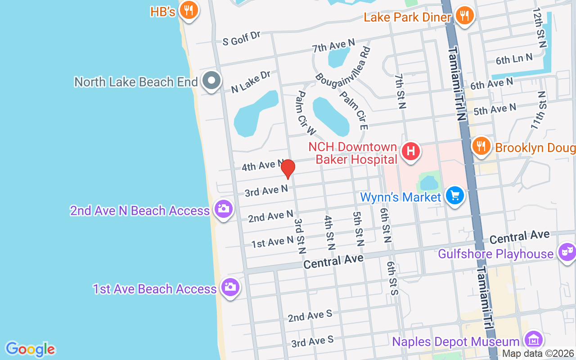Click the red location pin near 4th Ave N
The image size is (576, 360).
(288, 169)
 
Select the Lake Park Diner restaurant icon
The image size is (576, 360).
(464, 16)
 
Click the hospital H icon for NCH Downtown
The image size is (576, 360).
(410, 151)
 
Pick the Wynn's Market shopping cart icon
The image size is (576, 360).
(454, 196)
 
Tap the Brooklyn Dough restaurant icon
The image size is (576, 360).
(481, 146)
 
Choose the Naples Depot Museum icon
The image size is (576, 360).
(534, 340)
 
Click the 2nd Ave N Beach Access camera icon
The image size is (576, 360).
(224, 209)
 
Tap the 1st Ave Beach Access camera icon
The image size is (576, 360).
(230, 287)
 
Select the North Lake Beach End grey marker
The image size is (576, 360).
(211, 81)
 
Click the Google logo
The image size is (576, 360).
(30, 349)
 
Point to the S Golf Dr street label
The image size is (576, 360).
(242, 39)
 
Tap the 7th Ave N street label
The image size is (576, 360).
(333, 45)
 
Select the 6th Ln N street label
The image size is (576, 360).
(514, 58)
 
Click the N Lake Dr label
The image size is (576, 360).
(250, 81)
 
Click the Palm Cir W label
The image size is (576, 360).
(306, 113)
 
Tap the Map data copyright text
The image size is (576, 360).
(538, 354)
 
